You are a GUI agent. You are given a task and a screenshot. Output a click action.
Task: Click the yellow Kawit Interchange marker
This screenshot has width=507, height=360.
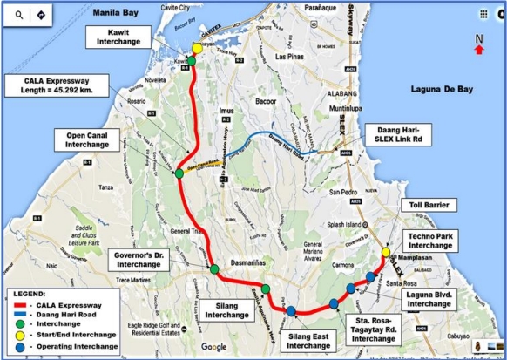tap(197, 50)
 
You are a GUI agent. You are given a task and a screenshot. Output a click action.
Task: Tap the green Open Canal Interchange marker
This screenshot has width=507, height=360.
tap(179, 173)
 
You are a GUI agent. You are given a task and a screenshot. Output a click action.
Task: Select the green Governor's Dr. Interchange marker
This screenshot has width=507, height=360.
tap(214, 269)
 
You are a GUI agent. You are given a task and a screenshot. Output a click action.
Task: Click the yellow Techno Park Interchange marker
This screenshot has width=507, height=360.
tap(386, 254)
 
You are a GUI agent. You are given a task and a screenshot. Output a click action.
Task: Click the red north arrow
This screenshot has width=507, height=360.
tap(478, 50)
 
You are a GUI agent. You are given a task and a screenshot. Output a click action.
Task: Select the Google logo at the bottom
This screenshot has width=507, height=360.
tap(214, 346)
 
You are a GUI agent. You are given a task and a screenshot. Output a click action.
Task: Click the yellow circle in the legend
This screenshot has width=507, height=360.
tap(19, 333)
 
